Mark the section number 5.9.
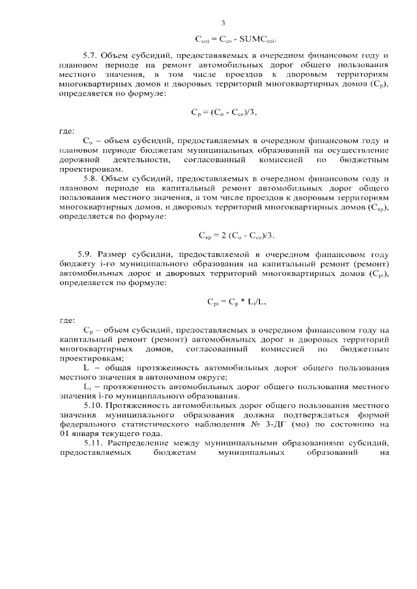[86, 253]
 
